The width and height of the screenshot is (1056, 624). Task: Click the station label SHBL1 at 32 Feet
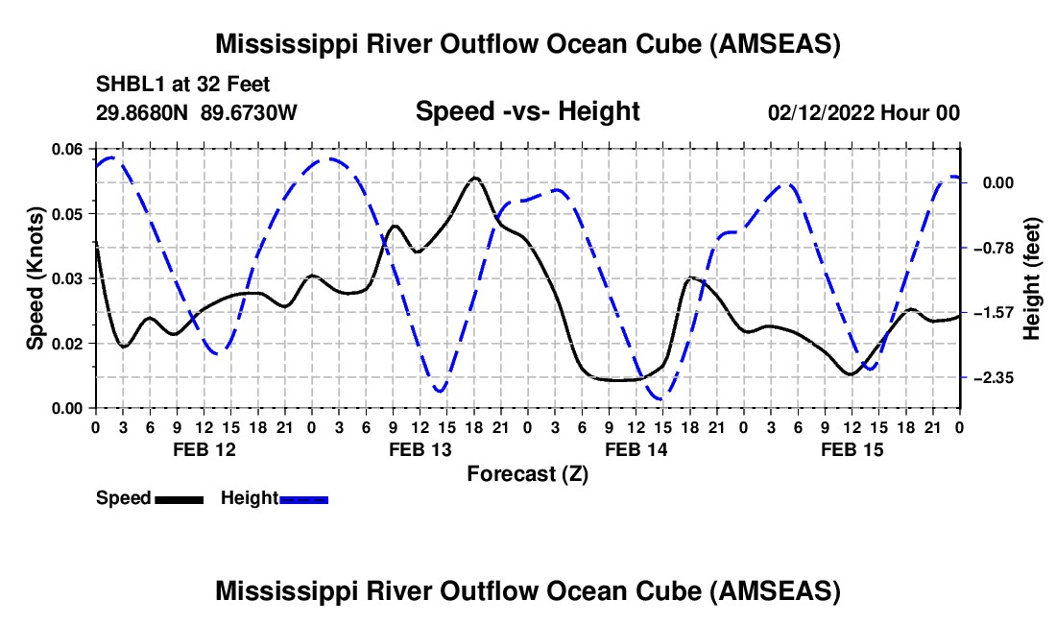[182, 84]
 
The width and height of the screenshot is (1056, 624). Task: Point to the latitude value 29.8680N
[142, 112]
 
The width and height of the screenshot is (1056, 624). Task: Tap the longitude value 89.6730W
[249, 112]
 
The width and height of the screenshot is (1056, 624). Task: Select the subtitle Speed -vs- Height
[527, 111]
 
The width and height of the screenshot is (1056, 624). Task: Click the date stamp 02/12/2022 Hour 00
[864, 112]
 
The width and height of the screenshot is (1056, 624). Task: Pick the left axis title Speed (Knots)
[35, 278]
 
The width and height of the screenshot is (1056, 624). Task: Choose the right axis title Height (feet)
[1031, 278]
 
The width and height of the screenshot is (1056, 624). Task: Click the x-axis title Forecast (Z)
[527, 474]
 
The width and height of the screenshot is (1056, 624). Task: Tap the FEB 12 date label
[204, 449]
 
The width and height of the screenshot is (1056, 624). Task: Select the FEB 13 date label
[420, 449]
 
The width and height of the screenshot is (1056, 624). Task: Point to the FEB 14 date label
[636, 449]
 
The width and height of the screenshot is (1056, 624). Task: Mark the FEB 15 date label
[852, 449]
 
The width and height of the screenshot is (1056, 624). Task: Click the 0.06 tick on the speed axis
[67, 150]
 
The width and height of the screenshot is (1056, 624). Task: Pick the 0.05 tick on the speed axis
[67, 214]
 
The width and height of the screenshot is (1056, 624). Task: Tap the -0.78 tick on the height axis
[994, 249]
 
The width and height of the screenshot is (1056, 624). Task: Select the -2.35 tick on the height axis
[994, 377]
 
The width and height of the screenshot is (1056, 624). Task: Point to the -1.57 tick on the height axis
[994, 312]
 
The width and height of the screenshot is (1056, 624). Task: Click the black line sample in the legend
[179, 499]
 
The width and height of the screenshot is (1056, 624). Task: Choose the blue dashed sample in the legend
[303, 499]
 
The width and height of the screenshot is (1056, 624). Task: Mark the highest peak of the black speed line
[475, 178]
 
